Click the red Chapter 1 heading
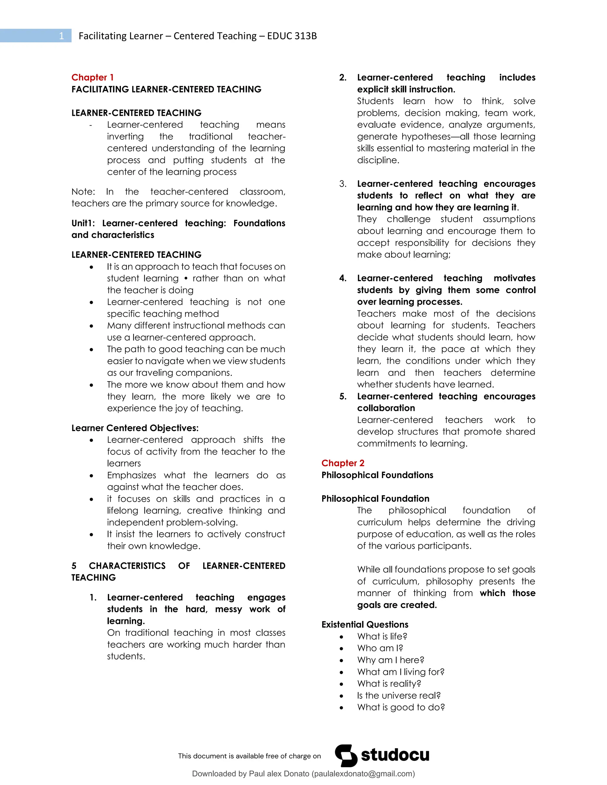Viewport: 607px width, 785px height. click(x=92, y=77)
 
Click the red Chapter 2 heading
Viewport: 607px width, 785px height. click(x=343, y=463)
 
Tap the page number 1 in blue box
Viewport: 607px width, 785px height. click(x=61, y=36)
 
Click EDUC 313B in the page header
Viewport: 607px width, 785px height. click(x=292, y=36)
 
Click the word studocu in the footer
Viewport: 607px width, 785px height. click(x=395, y=755)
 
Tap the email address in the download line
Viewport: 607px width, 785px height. click(x=363, y=774)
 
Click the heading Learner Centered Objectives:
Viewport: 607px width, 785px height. click(x=135, y=428)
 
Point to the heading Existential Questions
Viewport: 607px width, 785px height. click(x=365, y=624)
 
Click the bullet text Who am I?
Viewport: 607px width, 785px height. click(x=380, y=648)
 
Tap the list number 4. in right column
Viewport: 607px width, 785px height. click(x=343, y=278)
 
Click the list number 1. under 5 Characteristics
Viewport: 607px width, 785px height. click(x=93, y=597)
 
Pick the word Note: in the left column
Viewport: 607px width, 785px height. click(x=83, y=192)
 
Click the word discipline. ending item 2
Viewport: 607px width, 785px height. click(x=378, y=160)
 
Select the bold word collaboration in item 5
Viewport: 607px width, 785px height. click(x=386, y=408)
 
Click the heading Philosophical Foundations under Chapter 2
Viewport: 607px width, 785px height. click(x=377, y=475)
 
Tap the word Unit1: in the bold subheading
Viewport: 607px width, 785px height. click(x=83, y=223)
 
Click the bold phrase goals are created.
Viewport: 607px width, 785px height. click(x=397, y=605)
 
